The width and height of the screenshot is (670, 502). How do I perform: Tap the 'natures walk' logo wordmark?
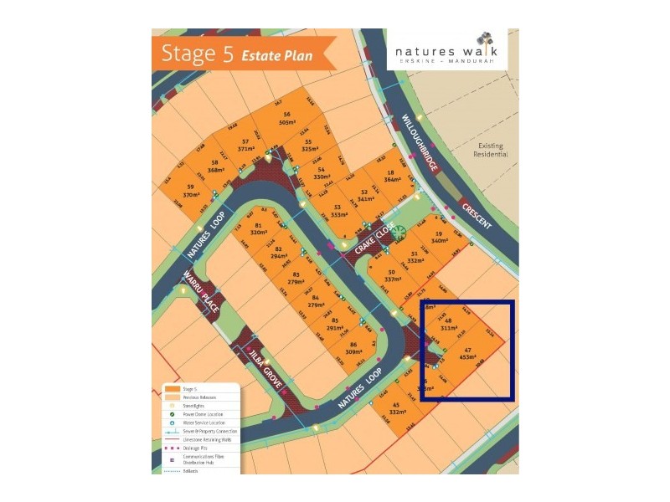click(436, 52)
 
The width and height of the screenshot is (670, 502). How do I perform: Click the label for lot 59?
click(191, 190)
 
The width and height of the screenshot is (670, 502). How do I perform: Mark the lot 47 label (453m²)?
click(466, 352)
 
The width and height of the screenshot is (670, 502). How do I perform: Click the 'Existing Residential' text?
click(490, 151)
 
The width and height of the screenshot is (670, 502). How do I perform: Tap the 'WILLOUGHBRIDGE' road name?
click(420, 143)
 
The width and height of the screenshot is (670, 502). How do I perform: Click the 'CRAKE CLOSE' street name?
click(373, 243)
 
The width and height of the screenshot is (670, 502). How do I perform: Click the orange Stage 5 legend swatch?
click(172, 389)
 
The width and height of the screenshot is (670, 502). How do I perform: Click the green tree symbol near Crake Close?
click(400, 232)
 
